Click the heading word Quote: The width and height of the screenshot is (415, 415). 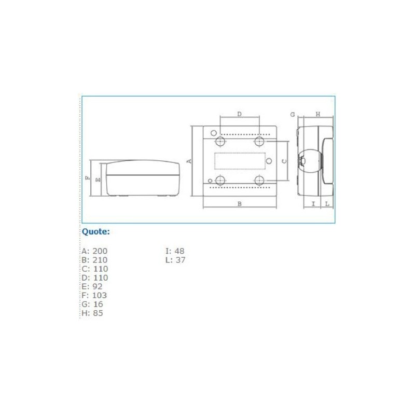click(x=96, y=231)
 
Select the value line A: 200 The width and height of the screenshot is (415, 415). click(x=94, y=251)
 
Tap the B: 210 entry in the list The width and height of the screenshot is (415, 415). click(x=94, y=260)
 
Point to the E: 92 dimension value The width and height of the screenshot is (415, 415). click(x=92, y=286)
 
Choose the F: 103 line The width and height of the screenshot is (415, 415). click(x=94, y=295)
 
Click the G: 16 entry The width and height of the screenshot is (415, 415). click(x=92, y=304)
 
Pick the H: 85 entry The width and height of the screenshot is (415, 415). click(x=92, y=313)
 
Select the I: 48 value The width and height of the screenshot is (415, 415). click(x=175, y=251)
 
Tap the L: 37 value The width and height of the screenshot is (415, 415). click(x=175, y=260)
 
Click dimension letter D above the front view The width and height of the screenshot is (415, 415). click(x=239, y=114)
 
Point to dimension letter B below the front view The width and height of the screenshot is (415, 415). click(x=239, y=204)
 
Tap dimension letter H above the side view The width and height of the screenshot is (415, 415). click(x=317, y=114)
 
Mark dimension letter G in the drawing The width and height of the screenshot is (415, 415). click(x=292, y=114)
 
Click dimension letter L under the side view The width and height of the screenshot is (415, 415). click(x=327, y=204)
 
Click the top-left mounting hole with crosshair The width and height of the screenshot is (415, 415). click(x=220, y=142)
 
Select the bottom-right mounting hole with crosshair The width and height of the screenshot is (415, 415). click(x=259, y=180)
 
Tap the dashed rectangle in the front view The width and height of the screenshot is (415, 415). click(x=240, y=161)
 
